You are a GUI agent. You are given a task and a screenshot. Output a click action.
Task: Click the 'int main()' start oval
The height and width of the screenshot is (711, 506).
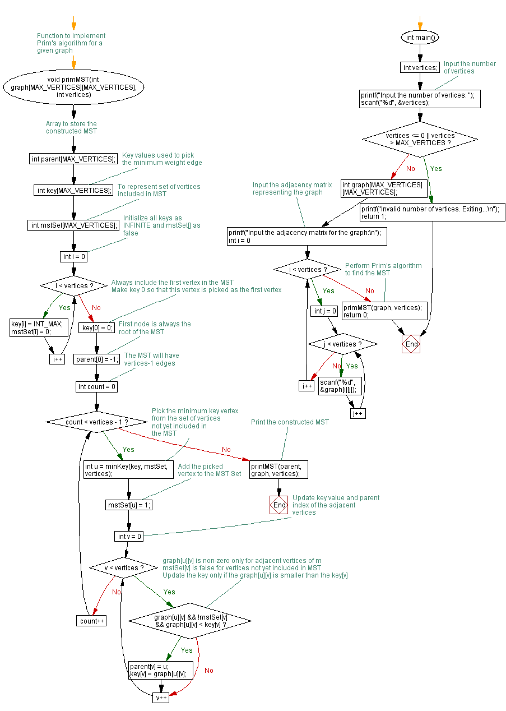coord(420,38)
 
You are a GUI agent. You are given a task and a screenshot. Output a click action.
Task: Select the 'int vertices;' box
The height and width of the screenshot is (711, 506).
coord(420,68)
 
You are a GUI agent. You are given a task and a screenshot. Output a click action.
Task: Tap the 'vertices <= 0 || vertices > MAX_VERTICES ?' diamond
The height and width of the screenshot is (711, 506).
coord(420,140)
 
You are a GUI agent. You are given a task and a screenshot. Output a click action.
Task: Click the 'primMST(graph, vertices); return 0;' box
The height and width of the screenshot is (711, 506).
coord(384,311)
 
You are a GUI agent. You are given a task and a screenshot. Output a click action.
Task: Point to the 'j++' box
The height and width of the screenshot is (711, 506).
coord(358,413)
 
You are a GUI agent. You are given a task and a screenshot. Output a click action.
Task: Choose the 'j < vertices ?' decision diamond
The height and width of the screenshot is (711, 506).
coord(342,344)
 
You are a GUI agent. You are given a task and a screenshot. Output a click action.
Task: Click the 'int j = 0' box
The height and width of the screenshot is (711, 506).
coord(325,311)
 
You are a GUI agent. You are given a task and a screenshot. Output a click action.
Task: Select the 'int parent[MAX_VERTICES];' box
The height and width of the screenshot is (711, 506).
coord(73,159)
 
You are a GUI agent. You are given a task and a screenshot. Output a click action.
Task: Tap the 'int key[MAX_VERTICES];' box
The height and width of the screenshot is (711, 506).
coord(73,190)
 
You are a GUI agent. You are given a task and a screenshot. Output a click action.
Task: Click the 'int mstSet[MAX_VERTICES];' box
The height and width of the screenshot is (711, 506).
coord(73,225)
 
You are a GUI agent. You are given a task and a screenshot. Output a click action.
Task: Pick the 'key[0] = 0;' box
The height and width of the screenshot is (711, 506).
coord(96,327)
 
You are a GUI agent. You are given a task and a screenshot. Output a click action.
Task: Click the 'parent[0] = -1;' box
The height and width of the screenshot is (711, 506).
coord(96,359)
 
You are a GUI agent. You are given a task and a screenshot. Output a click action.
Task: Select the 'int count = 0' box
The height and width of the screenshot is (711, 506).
coord(96,387)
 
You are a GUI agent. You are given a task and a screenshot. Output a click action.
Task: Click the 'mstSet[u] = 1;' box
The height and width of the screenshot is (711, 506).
coord(129,505)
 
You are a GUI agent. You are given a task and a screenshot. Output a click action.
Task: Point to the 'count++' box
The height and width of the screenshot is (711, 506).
coord(91,621)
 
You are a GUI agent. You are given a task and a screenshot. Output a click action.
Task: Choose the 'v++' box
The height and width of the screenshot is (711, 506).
coord(161,698)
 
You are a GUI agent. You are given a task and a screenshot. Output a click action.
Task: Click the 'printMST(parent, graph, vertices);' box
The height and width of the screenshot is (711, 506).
coord(278,469)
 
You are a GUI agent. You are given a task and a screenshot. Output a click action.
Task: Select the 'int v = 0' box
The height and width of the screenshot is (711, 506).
coord(129,536)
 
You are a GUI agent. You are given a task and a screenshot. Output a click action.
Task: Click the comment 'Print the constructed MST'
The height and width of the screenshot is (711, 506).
coord(290,422)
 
